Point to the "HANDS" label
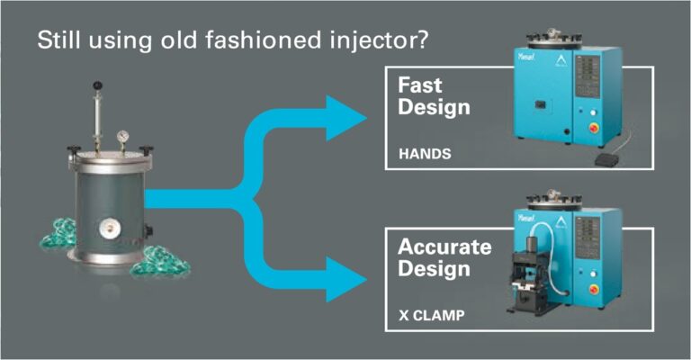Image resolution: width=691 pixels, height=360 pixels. [425, 154]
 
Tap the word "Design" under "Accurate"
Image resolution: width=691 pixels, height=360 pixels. [434, 269]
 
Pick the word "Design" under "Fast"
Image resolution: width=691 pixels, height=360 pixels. [434, 109]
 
